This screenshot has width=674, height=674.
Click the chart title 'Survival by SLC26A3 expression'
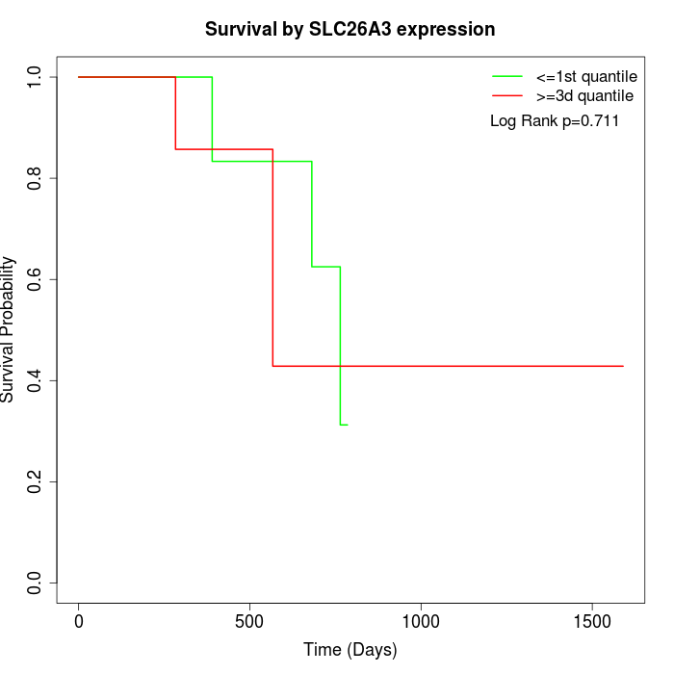(350, 30)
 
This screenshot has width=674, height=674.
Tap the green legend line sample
(506, 75)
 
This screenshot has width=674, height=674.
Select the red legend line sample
(506, 95)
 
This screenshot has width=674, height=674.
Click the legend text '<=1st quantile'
(586, 75)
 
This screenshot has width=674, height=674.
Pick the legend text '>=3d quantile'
(584, 95)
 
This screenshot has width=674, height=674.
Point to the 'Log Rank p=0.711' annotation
(555, 120)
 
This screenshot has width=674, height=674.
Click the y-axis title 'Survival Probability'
(9, 329)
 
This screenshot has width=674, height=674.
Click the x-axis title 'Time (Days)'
(350, 650)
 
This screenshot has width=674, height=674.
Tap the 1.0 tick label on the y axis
(35, 77)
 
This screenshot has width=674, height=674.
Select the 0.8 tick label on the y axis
(35, 178)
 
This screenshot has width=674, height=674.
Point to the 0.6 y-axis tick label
(35, 279)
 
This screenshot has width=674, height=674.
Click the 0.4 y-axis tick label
(35, 380)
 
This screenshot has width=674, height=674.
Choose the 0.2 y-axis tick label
(35, 481)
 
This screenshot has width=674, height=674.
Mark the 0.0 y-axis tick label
(35, 583)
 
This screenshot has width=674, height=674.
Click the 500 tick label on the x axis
(249, 621)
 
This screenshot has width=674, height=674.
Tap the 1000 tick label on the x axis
(421, 621)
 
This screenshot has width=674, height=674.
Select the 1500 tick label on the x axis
(591, 621)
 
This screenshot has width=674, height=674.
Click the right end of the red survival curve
(623, 366)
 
